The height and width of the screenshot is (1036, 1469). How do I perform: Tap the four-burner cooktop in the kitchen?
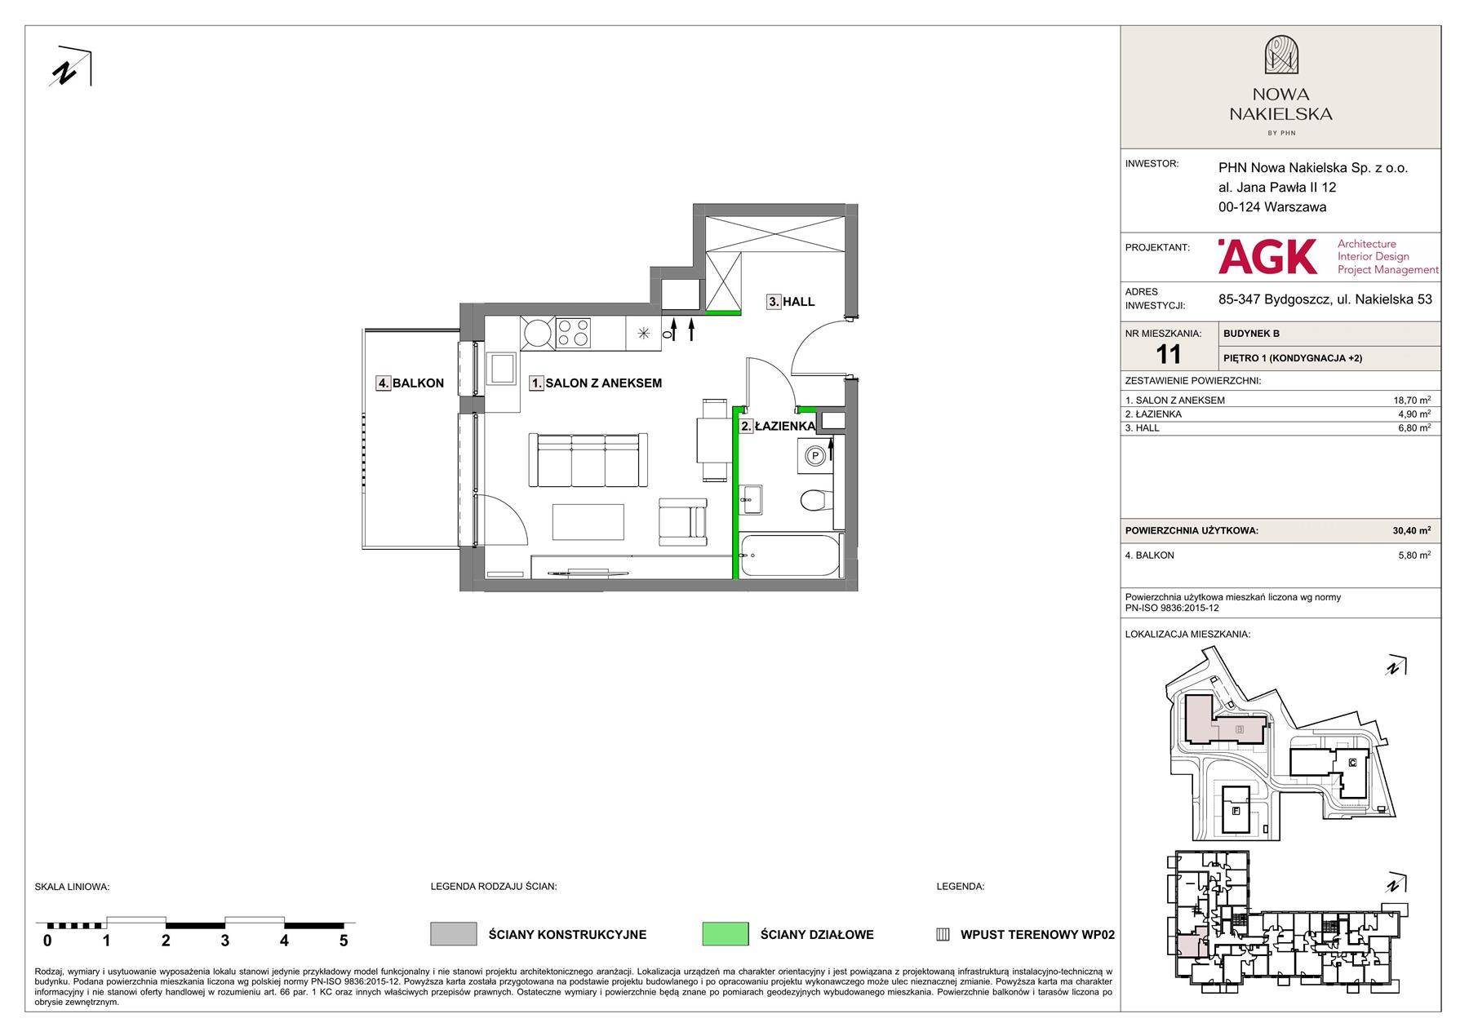pos(573,333)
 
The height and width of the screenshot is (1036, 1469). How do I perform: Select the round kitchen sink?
pos(538,333)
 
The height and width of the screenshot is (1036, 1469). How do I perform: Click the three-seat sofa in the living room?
pos(588,460)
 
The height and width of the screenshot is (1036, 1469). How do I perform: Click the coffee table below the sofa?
pos(588,522)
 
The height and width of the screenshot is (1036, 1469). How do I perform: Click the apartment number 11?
pos(1169,354)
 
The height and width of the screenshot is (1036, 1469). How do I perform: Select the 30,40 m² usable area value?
pos(1411,530)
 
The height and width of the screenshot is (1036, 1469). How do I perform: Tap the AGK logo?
pos(1267,256)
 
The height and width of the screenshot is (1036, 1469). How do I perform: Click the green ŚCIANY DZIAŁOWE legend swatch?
pos(725,934)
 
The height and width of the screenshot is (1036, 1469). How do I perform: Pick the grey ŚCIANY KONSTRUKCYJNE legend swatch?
pos(453,934)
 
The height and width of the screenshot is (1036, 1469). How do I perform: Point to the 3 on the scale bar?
pos(224,941)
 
